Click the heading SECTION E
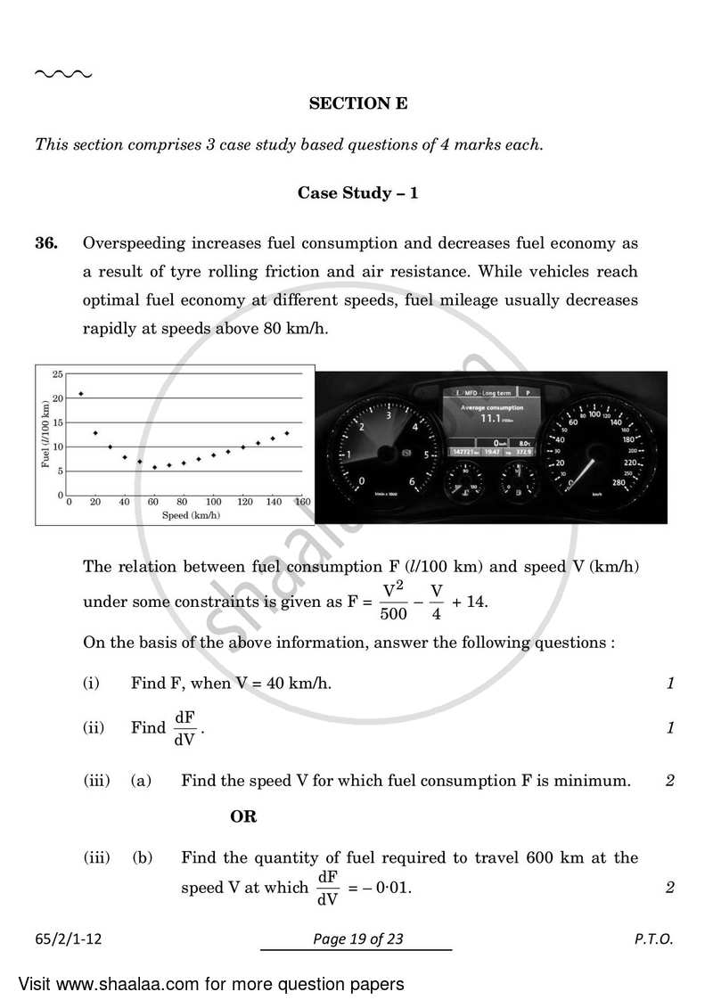pos(357,103)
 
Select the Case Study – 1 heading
pos(357,193)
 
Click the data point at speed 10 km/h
pos(81,393)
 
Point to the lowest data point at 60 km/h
pos(154,467)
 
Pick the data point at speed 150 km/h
pos(286,433)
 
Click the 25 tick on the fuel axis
pos(57,373)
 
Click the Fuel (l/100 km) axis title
pos(45,433)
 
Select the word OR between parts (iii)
pos(243,816)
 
